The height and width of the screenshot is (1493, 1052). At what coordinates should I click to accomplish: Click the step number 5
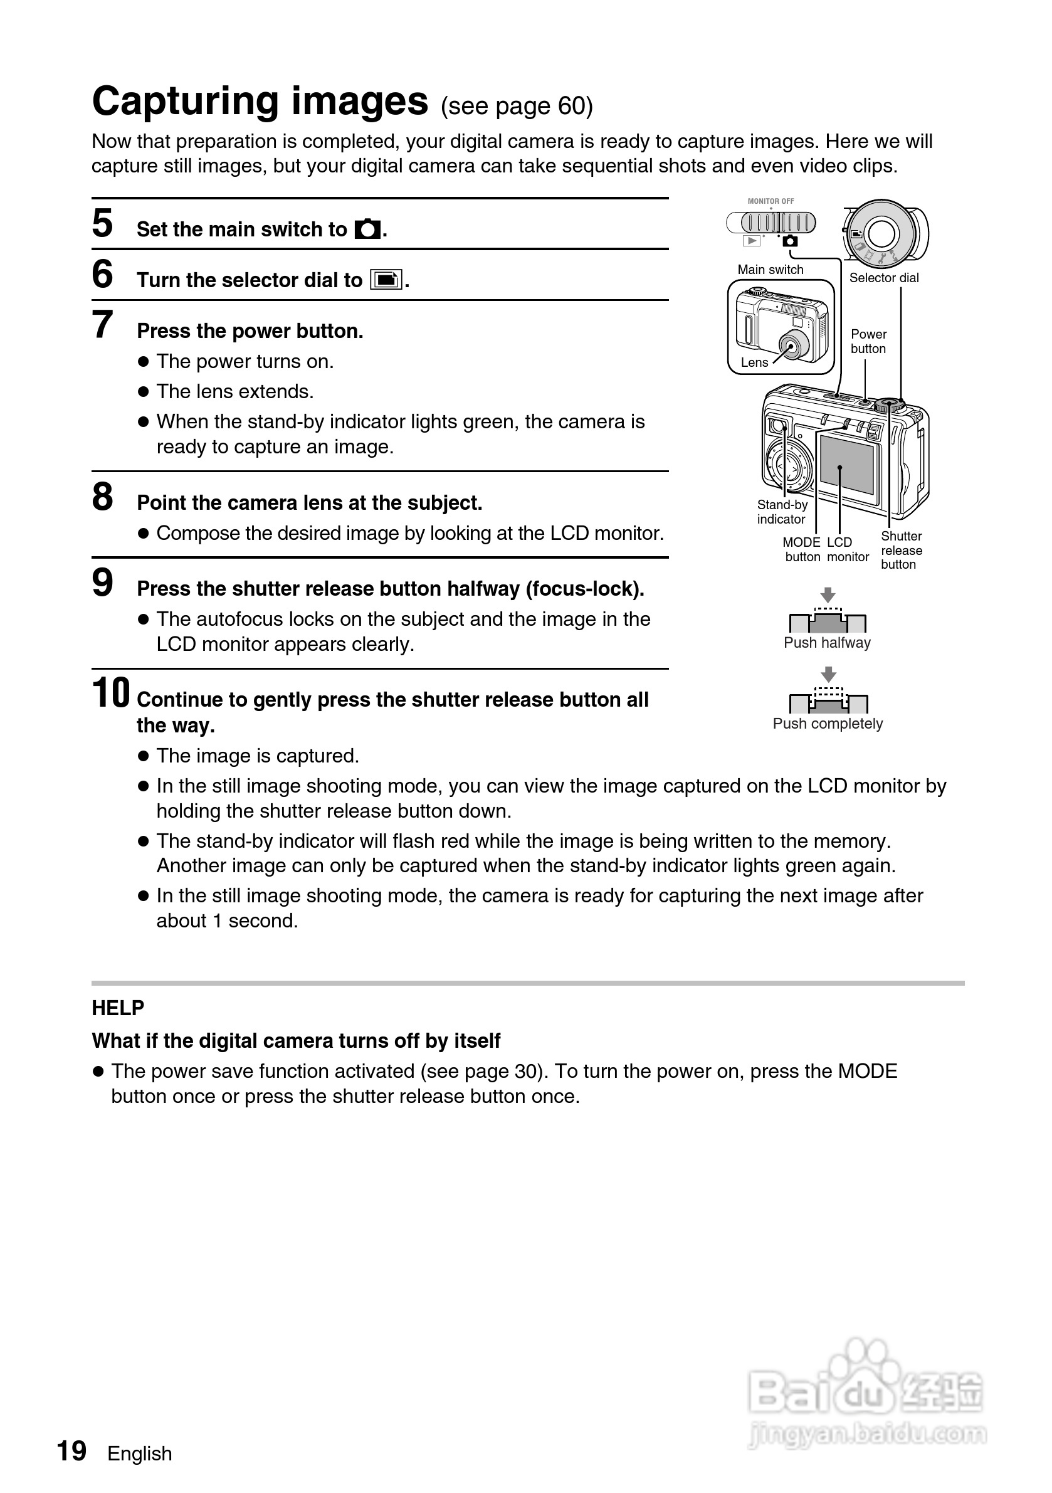click(x=103, y=223)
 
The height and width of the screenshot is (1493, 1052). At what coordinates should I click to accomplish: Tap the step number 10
click(x=110, y=693)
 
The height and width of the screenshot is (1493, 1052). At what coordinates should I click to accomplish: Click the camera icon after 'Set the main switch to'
click(x=367, y=229)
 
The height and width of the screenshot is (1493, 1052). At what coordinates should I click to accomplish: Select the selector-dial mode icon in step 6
click(x=386, y=280)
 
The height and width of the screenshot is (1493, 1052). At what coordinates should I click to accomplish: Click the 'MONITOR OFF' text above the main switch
click(x=771, y=201)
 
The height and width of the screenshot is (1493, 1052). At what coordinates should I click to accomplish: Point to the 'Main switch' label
click(x=771, y=269)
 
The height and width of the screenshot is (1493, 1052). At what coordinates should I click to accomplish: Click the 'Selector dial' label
click(x=883, y=278)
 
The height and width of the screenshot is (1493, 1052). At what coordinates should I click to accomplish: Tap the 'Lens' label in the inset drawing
click(x=754, y=362)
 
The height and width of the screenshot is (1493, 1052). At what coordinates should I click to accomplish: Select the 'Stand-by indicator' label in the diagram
click(x=782, y=512)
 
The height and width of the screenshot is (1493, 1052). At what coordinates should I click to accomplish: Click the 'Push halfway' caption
click(x=827, y=643)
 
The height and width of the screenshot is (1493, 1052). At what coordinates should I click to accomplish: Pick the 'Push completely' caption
click(x=828, y=724)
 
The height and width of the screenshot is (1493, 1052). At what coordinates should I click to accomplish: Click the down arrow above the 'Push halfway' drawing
click(x=828, y=594)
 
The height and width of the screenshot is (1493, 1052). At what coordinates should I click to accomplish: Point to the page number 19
click(x=71, y=1451)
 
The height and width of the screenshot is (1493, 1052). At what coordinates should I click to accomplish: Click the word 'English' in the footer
click(x=140, y=1453)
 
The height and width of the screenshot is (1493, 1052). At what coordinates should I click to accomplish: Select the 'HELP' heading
click(x=118, y=1008)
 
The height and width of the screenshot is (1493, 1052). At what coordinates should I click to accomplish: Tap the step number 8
click(x=103, y=497)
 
